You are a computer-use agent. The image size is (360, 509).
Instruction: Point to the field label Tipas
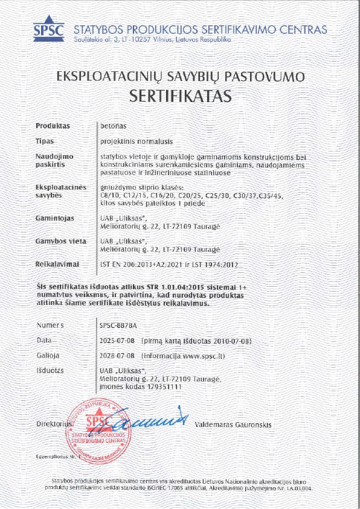pyautogui.click(x=46, y=140)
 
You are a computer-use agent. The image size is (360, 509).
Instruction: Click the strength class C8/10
pyautogui.click(x=110, y=197)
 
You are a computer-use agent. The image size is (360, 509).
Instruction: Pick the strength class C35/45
pyautogui.click(x=278, y=197)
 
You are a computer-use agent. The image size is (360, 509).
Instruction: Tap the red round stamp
pyautogui.click(x=101, y=428)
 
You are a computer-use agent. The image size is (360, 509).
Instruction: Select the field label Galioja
pyautogui.click(x=48, y=356)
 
